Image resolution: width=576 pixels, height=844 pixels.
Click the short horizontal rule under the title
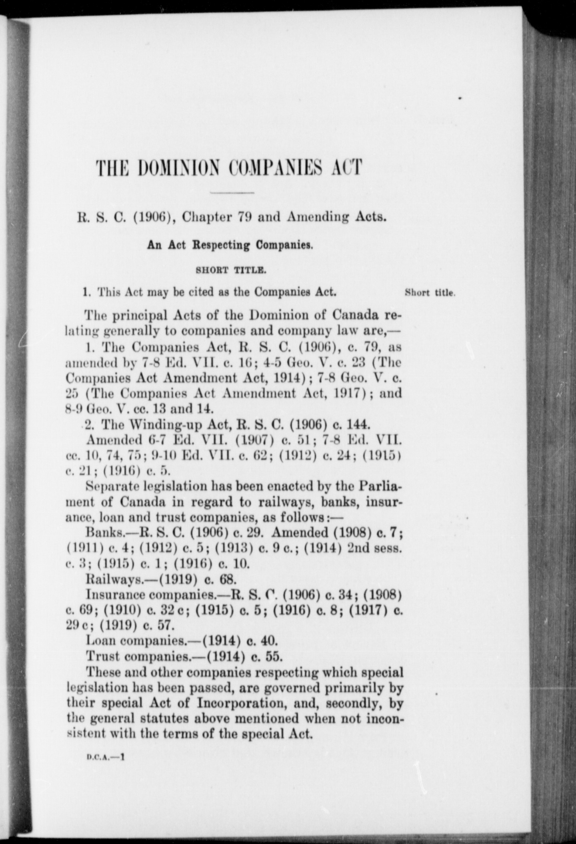[232, 193]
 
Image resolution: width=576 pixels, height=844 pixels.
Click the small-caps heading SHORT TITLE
[231, 270]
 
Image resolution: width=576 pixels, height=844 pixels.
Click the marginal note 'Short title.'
[430, 293]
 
